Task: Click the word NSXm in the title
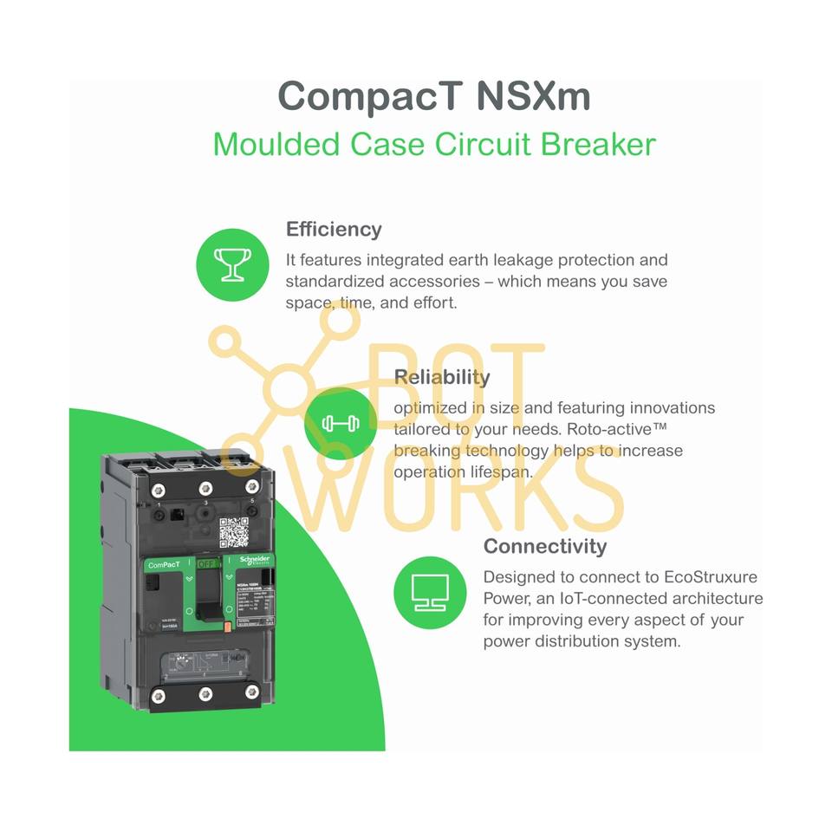pyautogui.click(x=533, y=95)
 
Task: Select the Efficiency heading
pyautogui.click(x=334, y=230)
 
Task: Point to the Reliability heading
pyautogui.click(x=441, y=377)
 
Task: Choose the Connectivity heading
pyautogui.click(x=544, y=546)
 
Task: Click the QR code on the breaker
pyautogui.click(x=233, y=532)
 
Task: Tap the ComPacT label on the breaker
pyautogui.click(x=166, y=565)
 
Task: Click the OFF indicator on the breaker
pyautogui.click(x=208, y=563)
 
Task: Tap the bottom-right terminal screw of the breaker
pyautogui.click(x=252, y=692)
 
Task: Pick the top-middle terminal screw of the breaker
pyautogui.click(x=205, y=488)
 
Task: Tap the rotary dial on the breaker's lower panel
pyautogui.click(x=179, y=663)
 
